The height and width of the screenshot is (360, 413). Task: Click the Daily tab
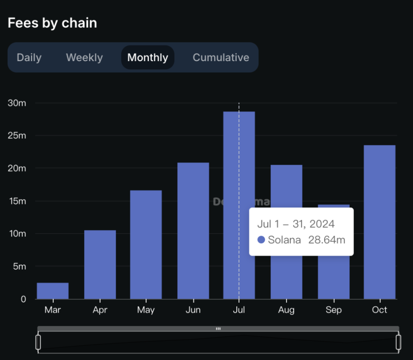click(x=29, y=57)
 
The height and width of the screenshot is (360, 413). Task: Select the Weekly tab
click(x=84, y=57)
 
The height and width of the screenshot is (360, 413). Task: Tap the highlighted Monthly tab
click(x=147, y=57)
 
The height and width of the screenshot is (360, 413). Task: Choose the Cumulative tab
click(x=221, y=57)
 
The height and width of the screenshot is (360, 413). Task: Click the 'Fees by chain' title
click(x=52, y=23)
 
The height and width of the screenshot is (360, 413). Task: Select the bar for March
click(x=53, y=291)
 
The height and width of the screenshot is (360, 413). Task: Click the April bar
click(x=100, y=264)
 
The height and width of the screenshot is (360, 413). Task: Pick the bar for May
click(x=146, y=245)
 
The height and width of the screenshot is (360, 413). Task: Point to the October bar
click(x=379, y=222)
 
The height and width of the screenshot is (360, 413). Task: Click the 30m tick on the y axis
click(x=17, y=103)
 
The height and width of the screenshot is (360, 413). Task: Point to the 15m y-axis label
click(x=17, y=201)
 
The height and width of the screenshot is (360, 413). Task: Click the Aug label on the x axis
click(x=286, y=310)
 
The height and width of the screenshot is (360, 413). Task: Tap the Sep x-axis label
click(x=334, y=310)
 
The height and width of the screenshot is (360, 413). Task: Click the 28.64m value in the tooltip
click(x=326, y=240)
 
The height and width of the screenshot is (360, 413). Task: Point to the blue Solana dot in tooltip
click(x=261, y=240)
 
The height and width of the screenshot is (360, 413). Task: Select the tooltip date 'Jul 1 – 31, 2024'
click(x=296, y=224)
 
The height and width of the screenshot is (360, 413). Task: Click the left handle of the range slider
click(x=38, y=342)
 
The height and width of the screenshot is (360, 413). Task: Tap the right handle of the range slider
click(x=398, y=342)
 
